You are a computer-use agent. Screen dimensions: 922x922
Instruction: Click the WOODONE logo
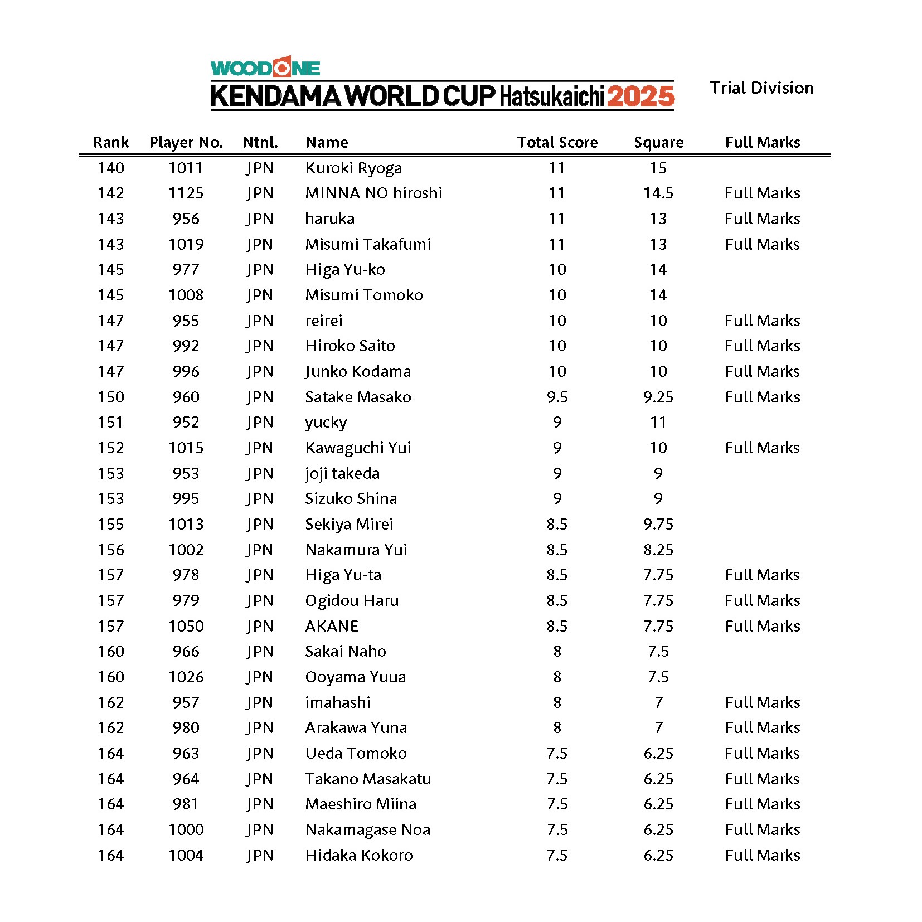tap(265, 67)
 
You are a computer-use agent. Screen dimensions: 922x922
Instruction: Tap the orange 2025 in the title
tap(640, 96)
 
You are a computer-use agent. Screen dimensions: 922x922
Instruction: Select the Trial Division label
tap(761, 88)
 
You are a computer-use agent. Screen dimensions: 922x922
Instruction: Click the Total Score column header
tap(557, 142)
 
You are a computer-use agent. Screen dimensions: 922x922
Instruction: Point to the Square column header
tap(658, 142)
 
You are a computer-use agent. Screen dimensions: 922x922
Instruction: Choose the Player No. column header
tap(186, 142)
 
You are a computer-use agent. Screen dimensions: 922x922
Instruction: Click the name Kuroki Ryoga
tap(353, 168)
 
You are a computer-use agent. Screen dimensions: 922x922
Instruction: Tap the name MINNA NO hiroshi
tap(373, 193)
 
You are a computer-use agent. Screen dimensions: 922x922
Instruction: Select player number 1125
tap(186, 193)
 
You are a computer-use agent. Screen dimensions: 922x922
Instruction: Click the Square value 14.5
tap(658, 193)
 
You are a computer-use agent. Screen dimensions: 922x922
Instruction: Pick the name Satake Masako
tap(358, 397)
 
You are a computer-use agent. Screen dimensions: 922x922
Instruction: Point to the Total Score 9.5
tap(557, 397)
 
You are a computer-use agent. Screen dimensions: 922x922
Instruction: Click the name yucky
tap(326, 423)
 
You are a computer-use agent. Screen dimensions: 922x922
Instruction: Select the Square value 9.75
tap(658, 524)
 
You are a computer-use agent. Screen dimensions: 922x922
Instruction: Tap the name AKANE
tap(332, 626)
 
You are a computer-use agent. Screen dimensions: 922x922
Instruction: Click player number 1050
tap(186, 626)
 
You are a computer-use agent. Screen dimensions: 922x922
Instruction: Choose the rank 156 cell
tap(111, 550)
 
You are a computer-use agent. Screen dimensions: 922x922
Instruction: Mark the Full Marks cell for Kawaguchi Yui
tap(762, 448)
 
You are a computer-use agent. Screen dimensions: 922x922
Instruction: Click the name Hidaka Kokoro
tap(359, 855)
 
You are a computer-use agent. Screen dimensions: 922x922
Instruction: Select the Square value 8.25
tap(658, 550)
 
